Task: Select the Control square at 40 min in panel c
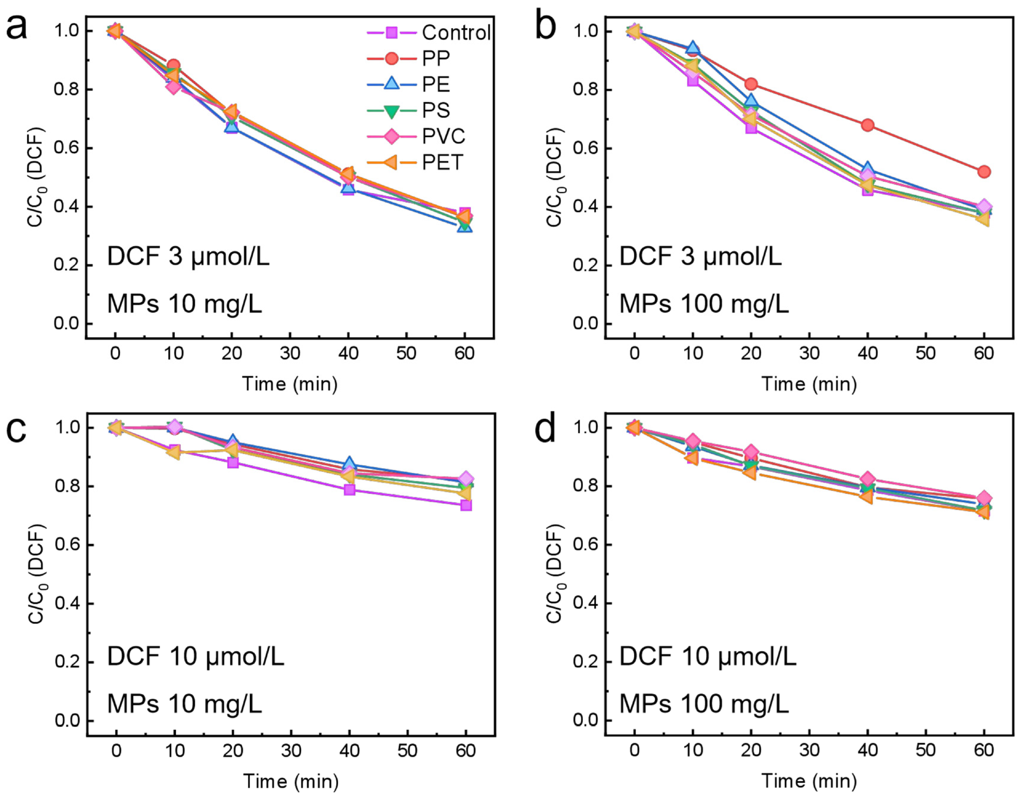pyautogui.click(x=349, y=490)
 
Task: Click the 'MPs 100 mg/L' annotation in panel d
pyautogui.click(x=704, y=704)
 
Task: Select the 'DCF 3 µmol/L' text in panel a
pyautogui.click(x=188, y=257)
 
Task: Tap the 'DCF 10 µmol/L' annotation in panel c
pyautogui.click(x=195, y=657)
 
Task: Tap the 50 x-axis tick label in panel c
pyautogui.click(x=407, y=751)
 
